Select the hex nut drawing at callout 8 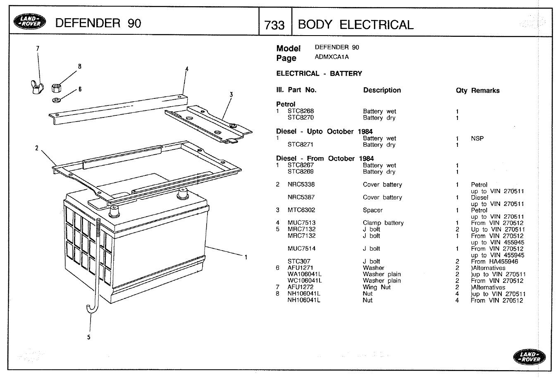[x=57, y=88]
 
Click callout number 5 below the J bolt [x=88, y=337]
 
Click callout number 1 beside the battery [x=246, y=257]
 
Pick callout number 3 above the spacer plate [x=231, y=95]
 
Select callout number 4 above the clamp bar [x=187, y=69]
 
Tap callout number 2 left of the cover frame [x=37, y=148]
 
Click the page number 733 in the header [x=274, y=25]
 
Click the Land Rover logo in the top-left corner [x=28, y=22]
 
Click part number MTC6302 [x=301, y=210]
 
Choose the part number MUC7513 [x=301, y=223]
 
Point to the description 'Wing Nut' [x=376, y=287]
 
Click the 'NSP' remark [x=477, y=139]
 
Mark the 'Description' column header [x=382, y=90]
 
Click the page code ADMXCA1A [x=331, y=57]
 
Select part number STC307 [x=299, y=261]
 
